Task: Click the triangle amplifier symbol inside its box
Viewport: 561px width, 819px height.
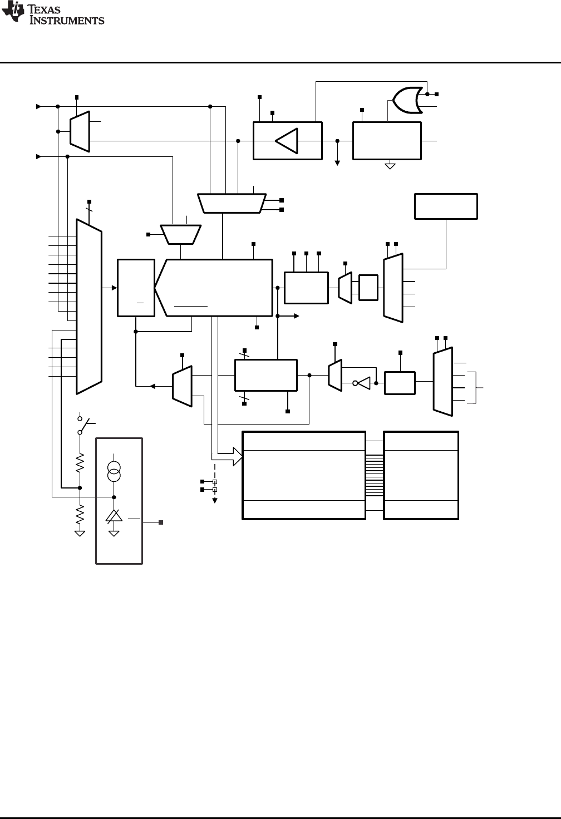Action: (287, 140)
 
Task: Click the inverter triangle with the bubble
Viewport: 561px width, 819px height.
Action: (363, 383)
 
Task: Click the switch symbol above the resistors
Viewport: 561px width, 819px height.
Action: (81, 426)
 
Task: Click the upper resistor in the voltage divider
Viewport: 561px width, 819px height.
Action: (80, 461)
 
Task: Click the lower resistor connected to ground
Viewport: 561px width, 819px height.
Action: (80, 514)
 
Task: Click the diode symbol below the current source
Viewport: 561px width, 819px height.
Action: (114, 516)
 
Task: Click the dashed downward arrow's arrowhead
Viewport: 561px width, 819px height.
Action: (215, 500)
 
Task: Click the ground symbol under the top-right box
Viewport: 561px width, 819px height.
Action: (390, 165)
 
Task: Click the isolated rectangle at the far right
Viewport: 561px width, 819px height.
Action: (446, 206)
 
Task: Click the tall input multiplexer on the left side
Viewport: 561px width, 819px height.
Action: (89, 306)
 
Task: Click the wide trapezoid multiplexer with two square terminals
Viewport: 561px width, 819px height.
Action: (231, 203)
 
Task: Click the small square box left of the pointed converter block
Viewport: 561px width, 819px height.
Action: (136, 288)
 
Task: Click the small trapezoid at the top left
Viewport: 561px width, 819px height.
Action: (80, 131)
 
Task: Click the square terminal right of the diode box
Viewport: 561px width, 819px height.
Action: (161, 522)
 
